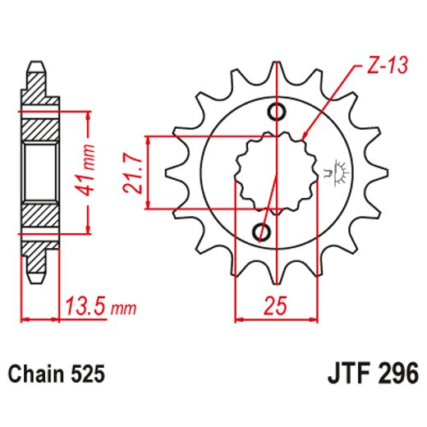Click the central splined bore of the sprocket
click(270, 172)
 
